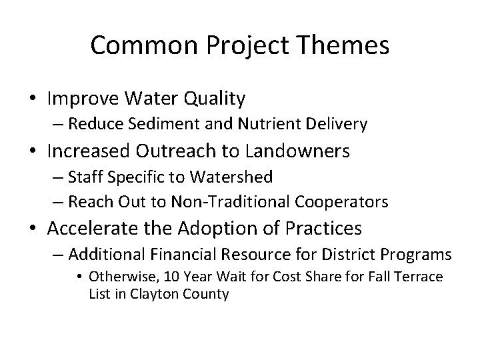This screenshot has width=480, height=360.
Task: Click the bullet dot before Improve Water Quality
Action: [x=33, y=100]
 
